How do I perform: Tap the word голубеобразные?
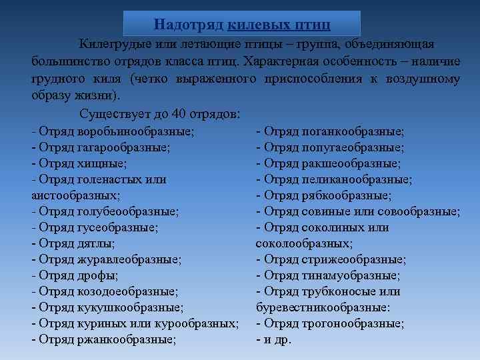[x=128, y=211]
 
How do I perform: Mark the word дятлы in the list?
[x=95, y=243]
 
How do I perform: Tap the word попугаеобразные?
[x=354, y=147]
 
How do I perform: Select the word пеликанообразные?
[x=360, y=179]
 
